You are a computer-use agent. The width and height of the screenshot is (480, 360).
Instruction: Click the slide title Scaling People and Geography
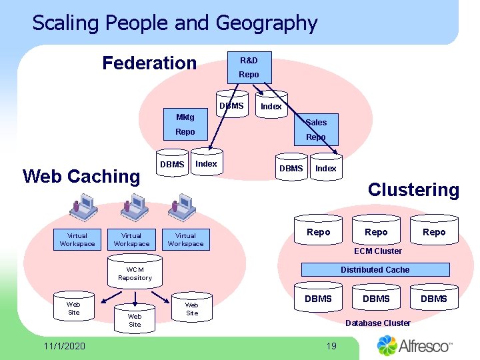click(175, 23)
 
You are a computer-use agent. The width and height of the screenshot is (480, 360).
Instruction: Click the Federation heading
click(149, 63)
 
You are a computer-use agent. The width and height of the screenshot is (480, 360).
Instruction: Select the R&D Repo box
click(249, 67)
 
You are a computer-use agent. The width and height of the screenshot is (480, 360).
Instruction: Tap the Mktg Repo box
click(185, 125)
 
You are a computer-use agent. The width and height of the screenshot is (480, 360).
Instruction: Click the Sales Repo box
click(316, 129)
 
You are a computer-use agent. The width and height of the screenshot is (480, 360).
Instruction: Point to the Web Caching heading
click(81, 177)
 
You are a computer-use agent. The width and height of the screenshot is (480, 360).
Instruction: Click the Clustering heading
click(413, 190)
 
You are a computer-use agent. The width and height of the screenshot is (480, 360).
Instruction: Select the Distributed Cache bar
click(375, 270)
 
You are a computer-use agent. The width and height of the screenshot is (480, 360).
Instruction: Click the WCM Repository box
click(135, 274)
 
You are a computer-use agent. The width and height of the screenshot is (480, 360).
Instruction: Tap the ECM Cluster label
click(378, 251)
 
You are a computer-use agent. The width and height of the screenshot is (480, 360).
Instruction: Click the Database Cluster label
click(377, 323)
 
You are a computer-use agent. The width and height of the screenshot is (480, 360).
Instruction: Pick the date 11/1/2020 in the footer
click(64, 346)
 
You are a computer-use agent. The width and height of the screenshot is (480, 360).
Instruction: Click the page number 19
click(331, 345)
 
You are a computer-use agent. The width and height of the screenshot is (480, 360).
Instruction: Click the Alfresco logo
click(415, 345)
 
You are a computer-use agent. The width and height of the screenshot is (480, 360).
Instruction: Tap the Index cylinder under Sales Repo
click(326, 168)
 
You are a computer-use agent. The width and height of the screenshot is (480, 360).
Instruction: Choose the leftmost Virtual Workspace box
click(77, 239)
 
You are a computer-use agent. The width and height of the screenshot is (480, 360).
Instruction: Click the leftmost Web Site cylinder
click(73, 308)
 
